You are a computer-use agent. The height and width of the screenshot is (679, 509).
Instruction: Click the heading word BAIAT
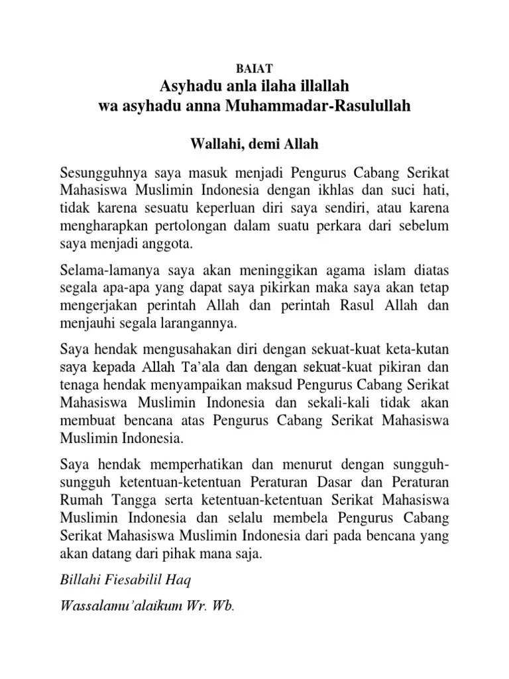point(254,68)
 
